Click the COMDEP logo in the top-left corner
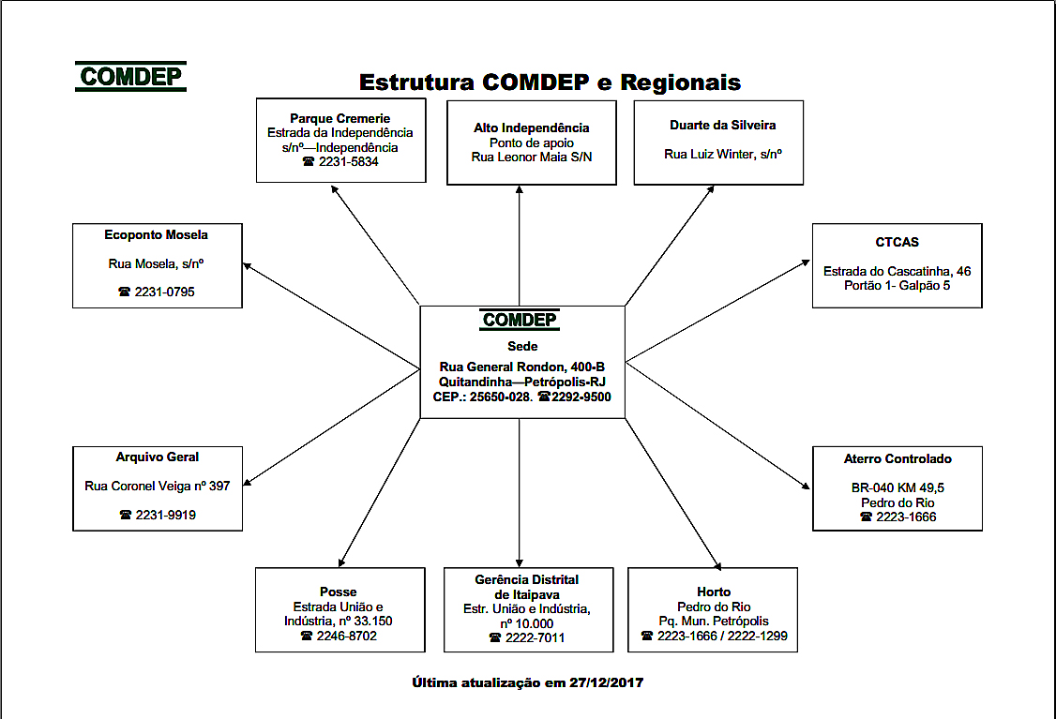130,77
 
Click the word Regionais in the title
681,82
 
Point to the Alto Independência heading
532,127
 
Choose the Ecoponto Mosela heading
157,234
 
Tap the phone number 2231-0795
165,292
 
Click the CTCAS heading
897,242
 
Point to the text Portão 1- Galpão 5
897,285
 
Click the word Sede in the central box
522,346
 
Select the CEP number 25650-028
500,397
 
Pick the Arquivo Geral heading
158,457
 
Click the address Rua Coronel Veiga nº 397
158,486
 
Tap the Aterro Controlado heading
898,458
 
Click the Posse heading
339,592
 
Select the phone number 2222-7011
535,637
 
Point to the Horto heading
714,592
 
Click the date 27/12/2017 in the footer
606,682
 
